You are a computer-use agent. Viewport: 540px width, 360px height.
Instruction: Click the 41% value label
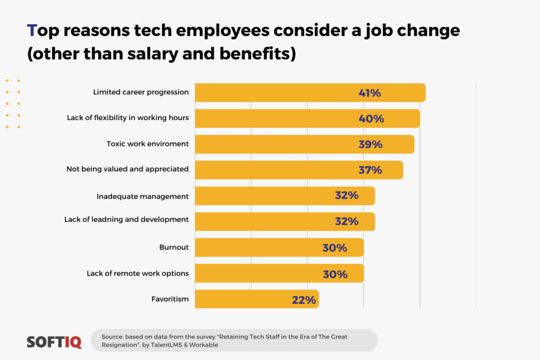pos(370,93)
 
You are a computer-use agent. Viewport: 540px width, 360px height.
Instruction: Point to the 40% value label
pos(371,119)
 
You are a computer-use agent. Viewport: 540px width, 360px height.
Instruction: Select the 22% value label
pos(304,300)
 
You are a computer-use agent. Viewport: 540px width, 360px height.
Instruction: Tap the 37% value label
pos(370,170)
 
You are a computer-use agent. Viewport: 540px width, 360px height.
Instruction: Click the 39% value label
pos(370,144)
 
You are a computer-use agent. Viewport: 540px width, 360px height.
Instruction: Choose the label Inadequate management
pos(142,197)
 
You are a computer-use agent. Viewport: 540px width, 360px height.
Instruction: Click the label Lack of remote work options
pos(138,274)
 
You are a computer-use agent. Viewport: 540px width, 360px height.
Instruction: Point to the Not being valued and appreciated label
pos(127,169)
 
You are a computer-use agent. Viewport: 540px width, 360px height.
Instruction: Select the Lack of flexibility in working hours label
pos(128,118)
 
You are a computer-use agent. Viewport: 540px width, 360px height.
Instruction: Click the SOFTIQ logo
pos(54,342)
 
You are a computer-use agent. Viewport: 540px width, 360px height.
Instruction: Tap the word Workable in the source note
pos(200,345)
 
